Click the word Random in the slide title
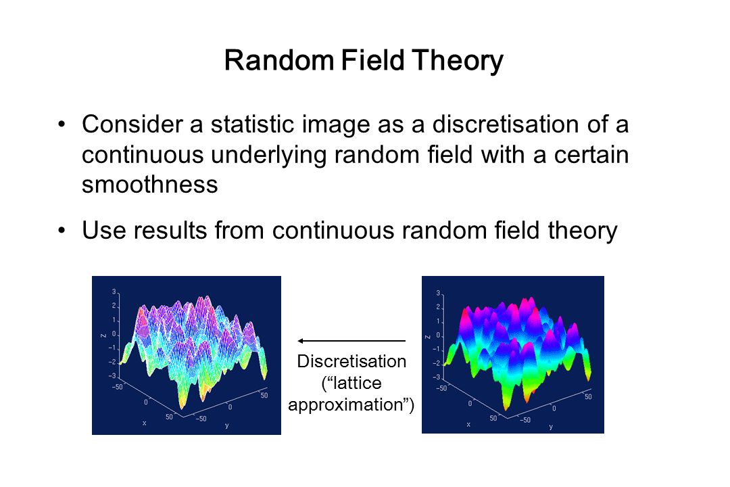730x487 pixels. coord(279,60)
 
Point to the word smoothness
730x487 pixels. coord(150,184)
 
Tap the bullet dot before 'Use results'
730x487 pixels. coord(62,231)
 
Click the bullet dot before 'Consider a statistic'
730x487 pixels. coord(62,125)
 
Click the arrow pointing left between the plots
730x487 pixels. coord(351,341)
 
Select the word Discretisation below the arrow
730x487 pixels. coord(351,361)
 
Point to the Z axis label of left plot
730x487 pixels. coord(103,335)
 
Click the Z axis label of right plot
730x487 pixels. coord(427,336)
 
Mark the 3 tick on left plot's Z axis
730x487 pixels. coord(114,292)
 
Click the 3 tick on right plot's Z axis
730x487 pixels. coord(437,293)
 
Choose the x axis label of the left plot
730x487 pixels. coord(145,423)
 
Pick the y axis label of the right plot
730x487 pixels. coord(551,427)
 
